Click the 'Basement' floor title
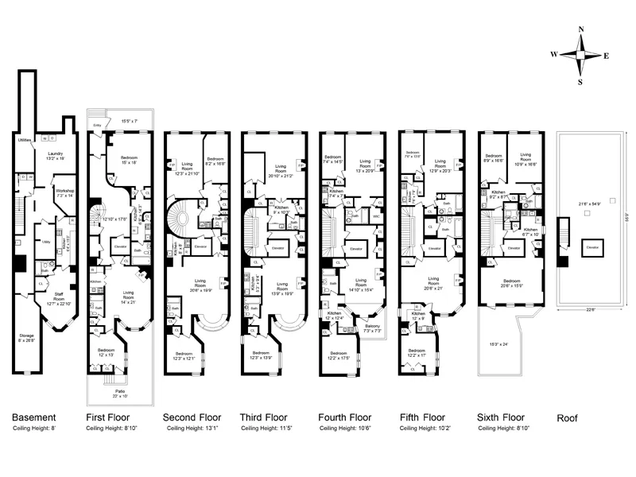33,417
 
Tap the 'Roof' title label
567,417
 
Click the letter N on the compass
581,30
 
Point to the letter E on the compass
606,56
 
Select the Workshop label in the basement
65,193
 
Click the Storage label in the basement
29,337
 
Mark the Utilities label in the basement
25,140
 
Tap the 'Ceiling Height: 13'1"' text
191,429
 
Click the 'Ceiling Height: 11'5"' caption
266,429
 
